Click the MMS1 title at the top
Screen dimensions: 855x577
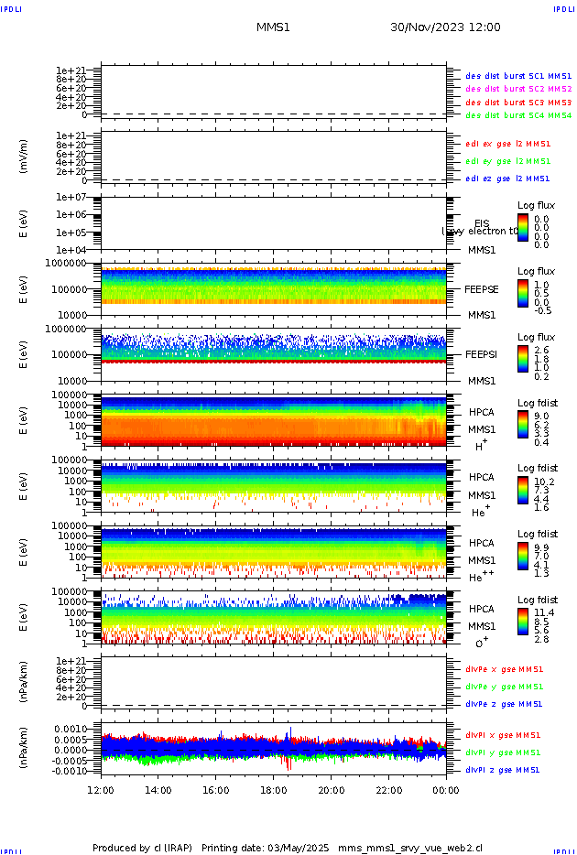pos(273,27)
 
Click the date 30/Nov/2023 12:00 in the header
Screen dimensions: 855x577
pos(445,27)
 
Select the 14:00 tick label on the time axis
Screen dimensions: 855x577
pos(158,790)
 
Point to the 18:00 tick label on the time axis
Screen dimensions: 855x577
pos(274,790)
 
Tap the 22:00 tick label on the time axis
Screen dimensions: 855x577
pos(389,790)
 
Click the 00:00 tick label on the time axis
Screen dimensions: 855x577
pos(446,790)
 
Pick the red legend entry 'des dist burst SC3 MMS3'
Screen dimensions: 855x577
pos(518,103)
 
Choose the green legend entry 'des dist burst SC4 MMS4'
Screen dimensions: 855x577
pos(518,116)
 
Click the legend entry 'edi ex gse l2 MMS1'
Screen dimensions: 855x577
pos(508,144)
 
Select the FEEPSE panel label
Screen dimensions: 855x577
pos(482,289)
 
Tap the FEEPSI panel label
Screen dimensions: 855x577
pos(482,354)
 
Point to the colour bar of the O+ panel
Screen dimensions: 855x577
pos(522,621)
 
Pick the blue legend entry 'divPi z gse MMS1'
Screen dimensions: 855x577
pos(504,770)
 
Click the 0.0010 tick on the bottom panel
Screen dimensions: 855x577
pos(79,729)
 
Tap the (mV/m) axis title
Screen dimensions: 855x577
pos(23,157)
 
